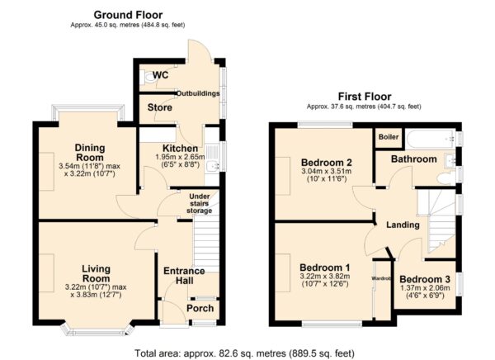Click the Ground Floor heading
point(128,15)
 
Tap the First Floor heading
point(365,97)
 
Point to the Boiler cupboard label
point(389,137)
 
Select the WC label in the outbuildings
point(160,75)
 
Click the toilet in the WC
point(148,78)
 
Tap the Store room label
point(160,107)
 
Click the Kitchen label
point(180,149)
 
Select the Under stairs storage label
point(199,204)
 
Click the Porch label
point(200,308)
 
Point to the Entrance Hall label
point(184,276)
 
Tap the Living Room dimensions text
point(96,291)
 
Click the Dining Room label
point(90,153)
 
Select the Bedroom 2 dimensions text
point(327,175)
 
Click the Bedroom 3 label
point(425,279)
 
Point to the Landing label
point(403,225)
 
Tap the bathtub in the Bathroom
point(431,139)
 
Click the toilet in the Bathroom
point(446,179)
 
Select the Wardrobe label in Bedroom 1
point(381,279)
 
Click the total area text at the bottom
point(245,353)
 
